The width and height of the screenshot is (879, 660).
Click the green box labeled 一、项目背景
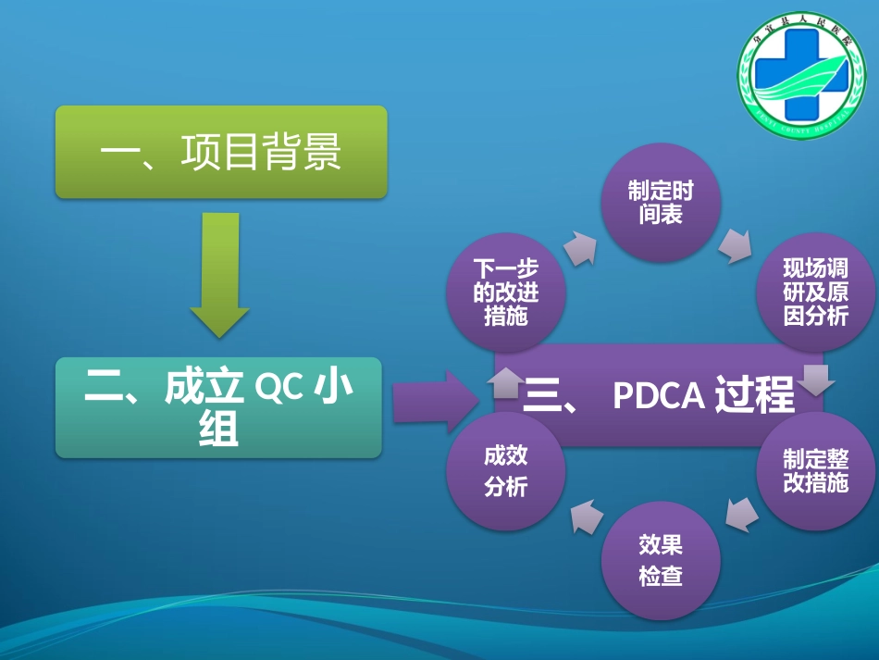coord(220,152)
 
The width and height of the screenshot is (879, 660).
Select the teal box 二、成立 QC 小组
coord(218,407)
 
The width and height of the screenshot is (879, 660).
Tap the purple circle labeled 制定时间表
coord(661,203)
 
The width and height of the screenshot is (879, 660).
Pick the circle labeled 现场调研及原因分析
coord(815,293)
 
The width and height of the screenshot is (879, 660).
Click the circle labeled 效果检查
coord(661,560)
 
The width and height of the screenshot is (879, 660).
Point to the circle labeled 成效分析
coord(505,470)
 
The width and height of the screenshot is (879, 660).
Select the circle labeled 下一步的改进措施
coord(505,293)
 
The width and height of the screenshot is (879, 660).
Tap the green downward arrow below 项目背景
coord(220,274)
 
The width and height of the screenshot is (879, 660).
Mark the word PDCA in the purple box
coord(659,395)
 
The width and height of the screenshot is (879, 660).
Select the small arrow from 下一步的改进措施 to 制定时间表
coord(579,247)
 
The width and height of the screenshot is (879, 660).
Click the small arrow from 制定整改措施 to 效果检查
coord(742,514)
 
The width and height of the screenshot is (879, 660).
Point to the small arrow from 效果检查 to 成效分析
coord(586,515)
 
